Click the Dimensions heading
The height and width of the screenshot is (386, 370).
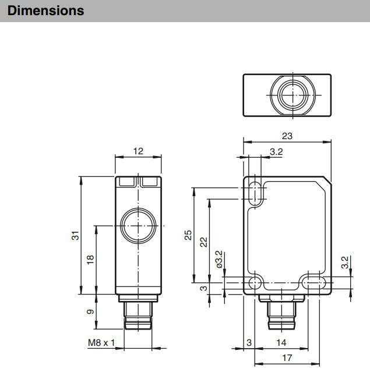(46, 10)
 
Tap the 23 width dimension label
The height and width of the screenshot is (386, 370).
(287, 136)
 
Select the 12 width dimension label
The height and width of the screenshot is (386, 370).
(138, 151)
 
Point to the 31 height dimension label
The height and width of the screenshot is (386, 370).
(75, 236)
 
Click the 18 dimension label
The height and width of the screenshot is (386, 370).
(90, 260)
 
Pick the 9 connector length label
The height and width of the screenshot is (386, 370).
(90, 311)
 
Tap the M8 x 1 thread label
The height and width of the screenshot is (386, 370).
(101, 342)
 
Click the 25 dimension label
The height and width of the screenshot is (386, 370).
(188, 235)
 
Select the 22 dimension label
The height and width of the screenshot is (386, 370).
(204, 242)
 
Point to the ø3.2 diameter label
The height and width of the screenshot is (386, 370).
(219, 259)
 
